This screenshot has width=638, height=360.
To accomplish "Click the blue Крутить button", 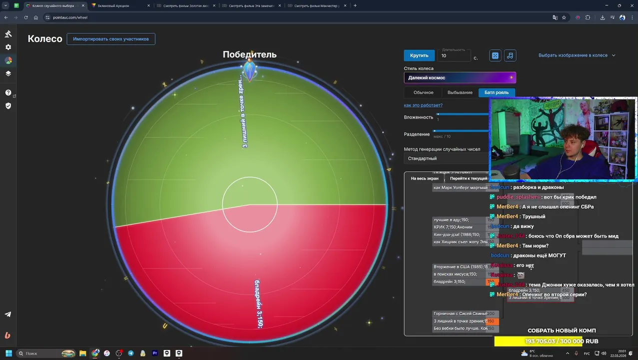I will [419, 55].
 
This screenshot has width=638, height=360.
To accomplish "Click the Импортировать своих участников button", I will [111, 39].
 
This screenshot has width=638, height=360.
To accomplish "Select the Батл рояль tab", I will [496, 92].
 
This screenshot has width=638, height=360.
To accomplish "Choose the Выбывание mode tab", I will [460, 92].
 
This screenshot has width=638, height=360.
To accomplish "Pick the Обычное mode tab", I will [423, 92].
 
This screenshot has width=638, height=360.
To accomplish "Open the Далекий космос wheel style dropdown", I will [460, 77].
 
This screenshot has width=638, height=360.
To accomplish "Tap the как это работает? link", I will [423, 105].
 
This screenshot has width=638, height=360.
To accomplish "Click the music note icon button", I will [510, 55].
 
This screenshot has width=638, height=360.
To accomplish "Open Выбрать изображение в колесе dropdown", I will [577, 55].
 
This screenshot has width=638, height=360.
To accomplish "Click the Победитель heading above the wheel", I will [249, 54].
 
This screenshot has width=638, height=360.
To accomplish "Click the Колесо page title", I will [45, 39].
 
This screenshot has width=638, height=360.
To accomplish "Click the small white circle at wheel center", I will [249, 204].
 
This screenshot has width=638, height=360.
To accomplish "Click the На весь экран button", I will [425, 178].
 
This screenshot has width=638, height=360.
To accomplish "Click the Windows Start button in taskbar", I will [8, 353].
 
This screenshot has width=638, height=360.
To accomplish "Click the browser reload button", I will [26, 17].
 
